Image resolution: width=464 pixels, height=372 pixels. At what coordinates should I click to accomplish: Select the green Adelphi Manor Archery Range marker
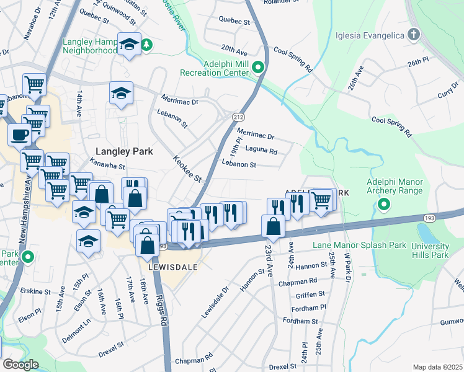click(385, 204)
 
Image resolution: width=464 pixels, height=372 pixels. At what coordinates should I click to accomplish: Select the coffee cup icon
click(19, 135)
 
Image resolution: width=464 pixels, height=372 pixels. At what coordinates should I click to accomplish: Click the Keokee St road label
click(188, 169)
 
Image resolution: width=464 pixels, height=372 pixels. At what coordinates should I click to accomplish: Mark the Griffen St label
click(311, 296)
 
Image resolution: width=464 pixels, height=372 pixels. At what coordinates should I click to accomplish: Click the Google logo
click(20, 364)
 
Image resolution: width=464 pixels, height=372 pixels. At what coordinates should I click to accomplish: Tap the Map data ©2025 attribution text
click(437, 367)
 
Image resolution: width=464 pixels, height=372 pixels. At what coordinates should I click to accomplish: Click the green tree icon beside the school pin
click(147, 44)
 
